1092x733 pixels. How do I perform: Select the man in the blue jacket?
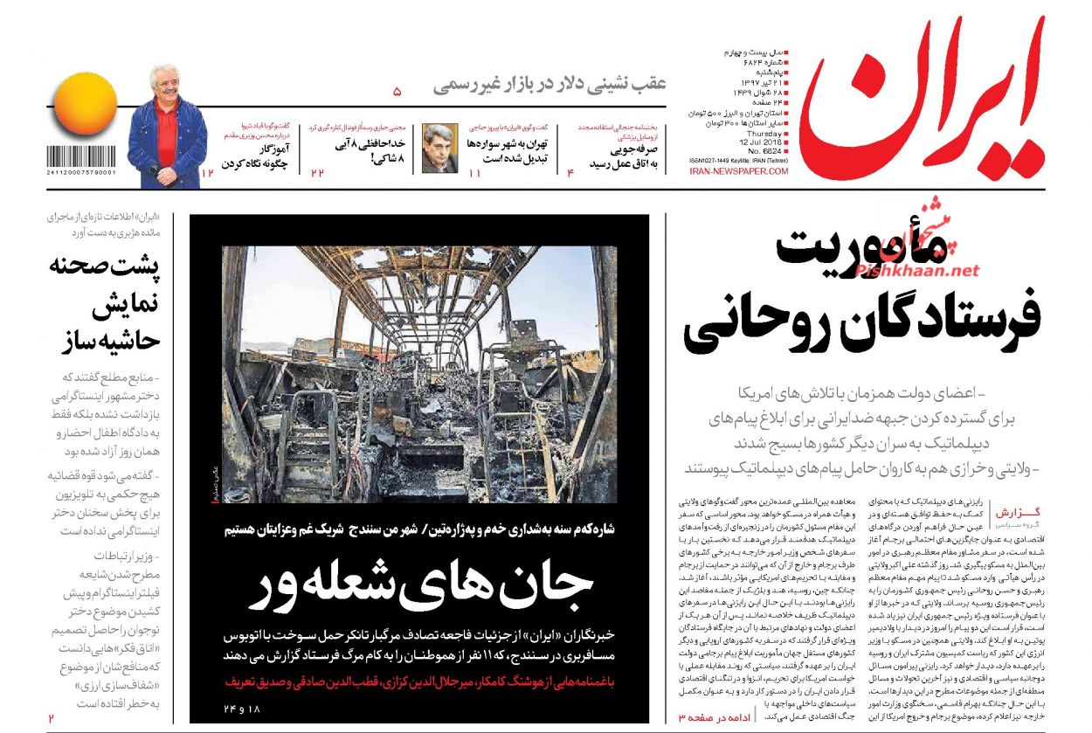(x=167, y=122)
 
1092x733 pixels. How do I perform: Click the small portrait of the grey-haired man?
(x=439, y=149)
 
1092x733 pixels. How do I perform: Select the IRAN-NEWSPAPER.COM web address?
(x=738, y=171)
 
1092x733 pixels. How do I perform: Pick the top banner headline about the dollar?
(x=550, y=86)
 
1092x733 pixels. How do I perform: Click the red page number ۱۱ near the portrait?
(x=475, y=174)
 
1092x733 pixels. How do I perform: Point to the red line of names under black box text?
(x=419, y=680)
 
